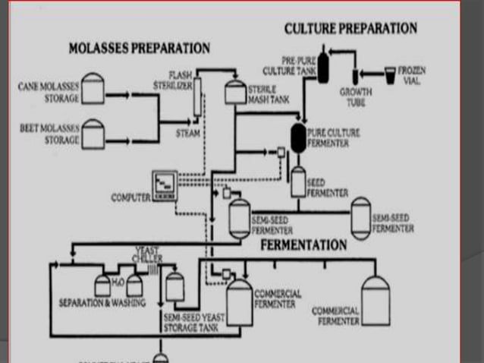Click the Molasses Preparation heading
(x=139, y=48)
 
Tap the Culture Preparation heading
(x=350, y=28)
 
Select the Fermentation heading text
(x=303, y=245)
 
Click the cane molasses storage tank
(x=93, y=88)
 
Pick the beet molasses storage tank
(x=93, y=134)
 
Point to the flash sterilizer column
(x=196, y=99)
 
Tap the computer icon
(x=164, y=185)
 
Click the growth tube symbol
(x=354, y=75)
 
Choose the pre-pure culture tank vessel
(x=323, y=66)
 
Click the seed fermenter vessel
(x=297, y=181)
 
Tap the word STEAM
(x=187, y=134)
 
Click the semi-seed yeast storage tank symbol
(x=174, y=287)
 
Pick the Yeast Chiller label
(x=147, y=254)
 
